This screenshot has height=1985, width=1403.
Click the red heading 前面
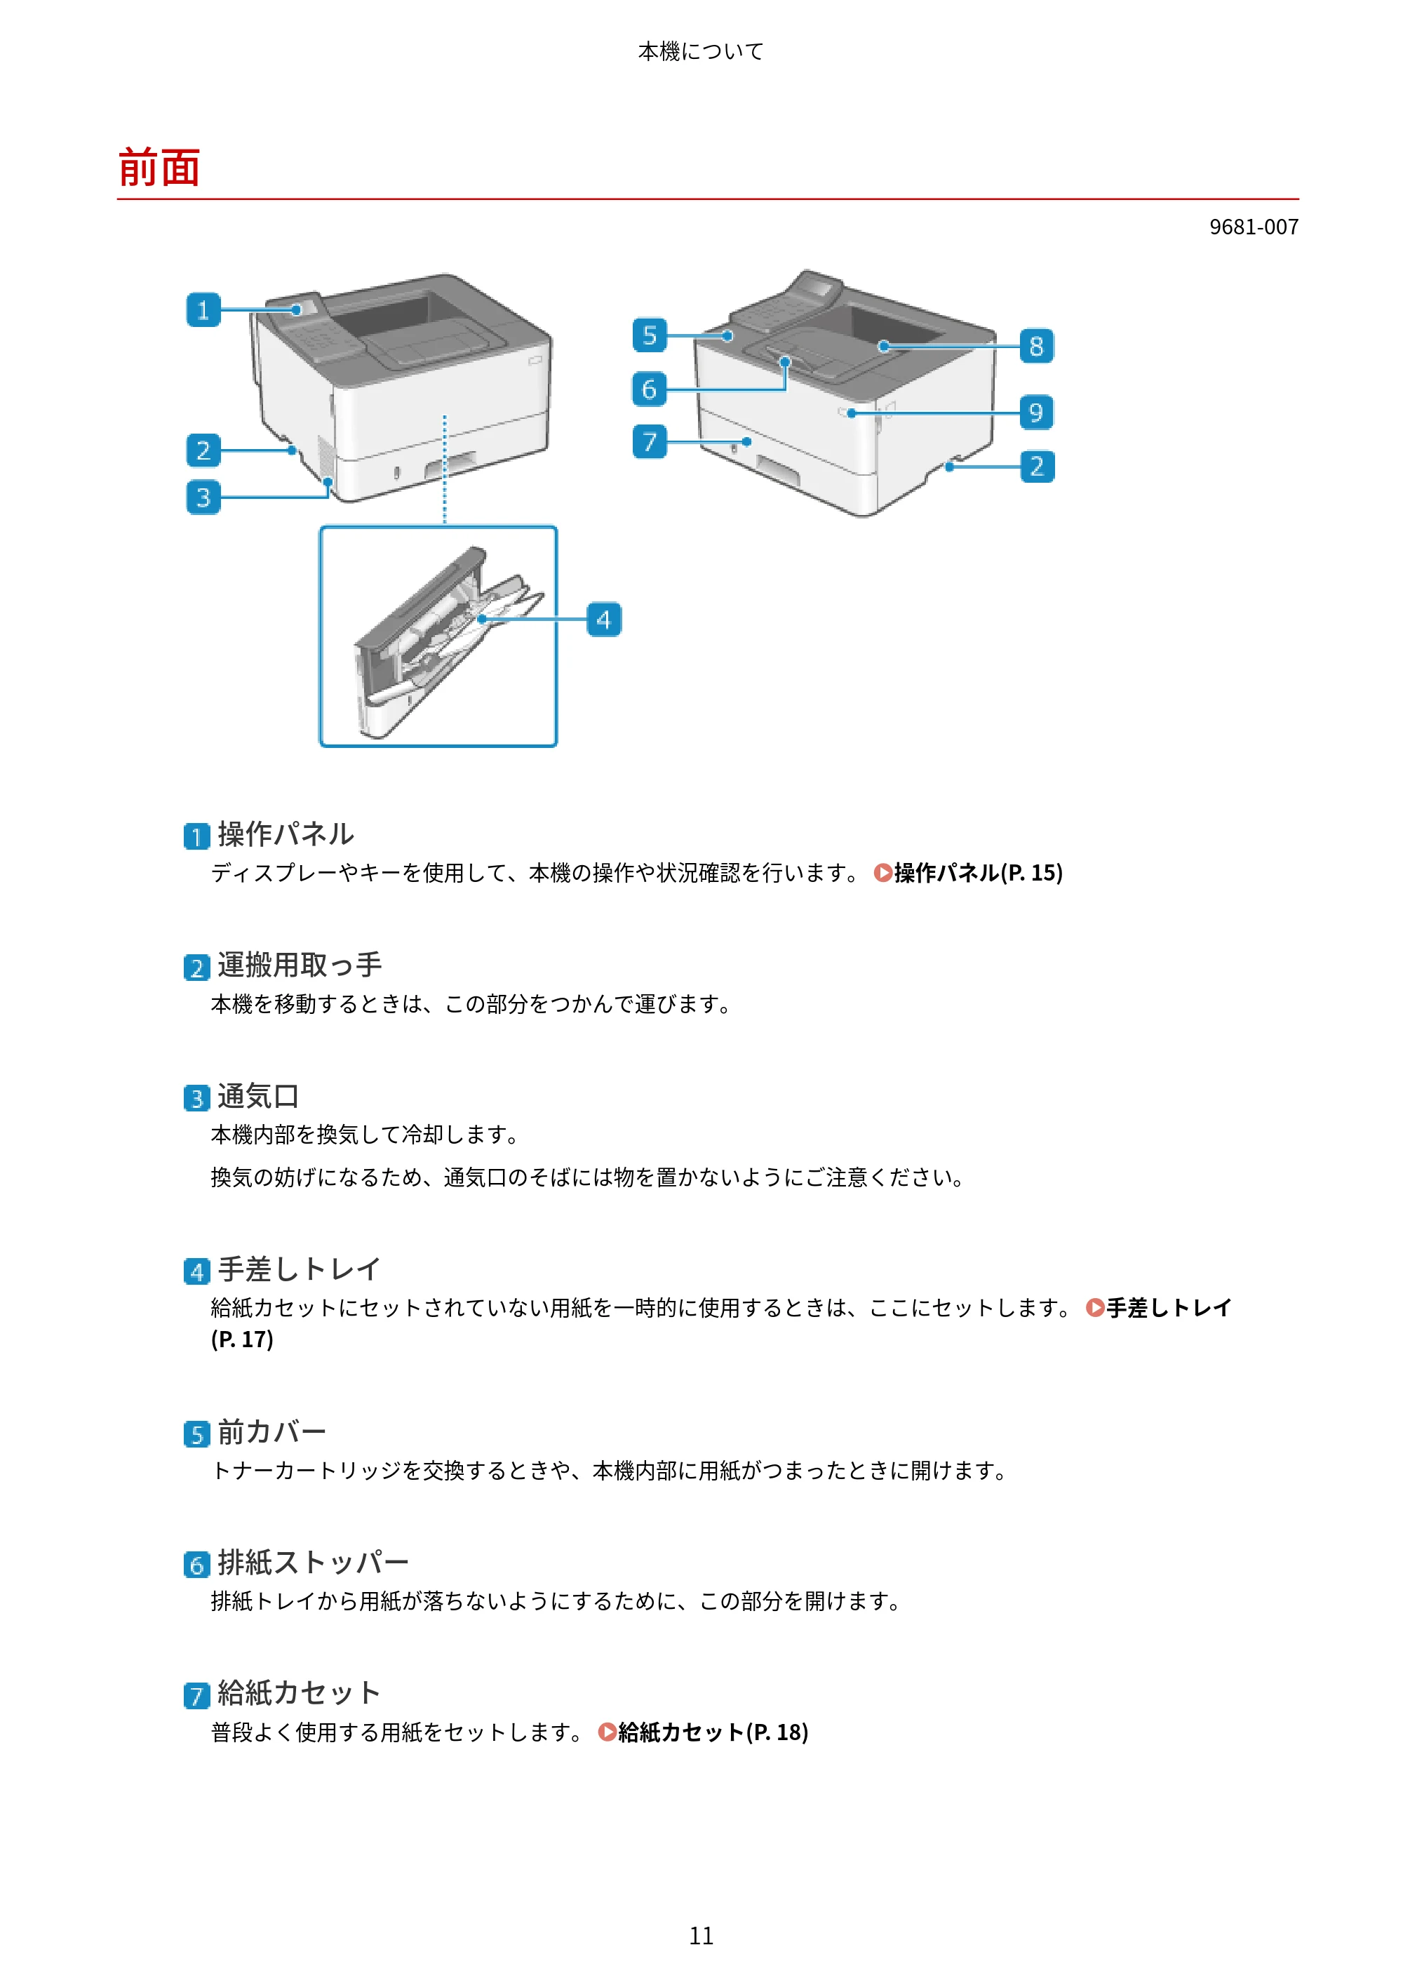[159, 168]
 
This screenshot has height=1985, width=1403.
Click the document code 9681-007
[1254, 227]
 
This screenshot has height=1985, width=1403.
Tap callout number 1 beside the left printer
[203, 309]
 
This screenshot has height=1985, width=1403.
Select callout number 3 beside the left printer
[203, 497]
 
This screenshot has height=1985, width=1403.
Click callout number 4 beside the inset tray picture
[603, 619]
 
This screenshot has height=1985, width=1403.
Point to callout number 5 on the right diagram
[649, 335]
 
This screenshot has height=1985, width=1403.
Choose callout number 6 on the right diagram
[649, 389]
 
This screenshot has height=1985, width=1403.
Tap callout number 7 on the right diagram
[649, 442]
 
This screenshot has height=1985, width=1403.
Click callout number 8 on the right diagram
[1037, 346]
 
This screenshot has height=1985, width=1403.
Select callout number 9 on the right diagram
[1037, 413]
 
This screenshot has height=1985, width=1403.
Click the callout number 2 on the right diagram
[1037, 466]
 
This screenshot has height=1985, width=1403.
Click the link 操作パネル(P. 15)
[969, 873]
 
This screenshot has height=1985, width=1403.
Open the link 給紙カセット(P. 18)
[704, 1732]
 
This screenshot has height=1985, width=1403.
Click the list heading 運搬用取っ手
[299, 965]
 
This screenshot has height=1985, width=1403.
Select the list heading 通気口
[258, 1096]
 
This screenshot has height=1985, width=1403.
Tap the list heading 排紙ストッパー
[313, 1562]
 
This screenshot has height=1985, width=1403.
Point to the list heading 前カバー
[271, 1431]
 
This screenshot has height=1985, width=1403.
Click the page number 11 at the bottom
[701, 1936]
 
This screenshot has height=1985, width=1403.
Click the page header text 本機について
[701, 52]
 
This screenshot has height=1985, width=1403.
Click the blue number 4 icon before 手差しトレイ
[197, 1271]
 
